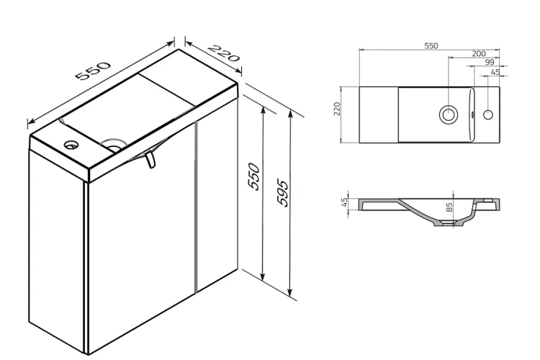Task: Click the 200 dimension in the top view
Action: [x=479, y=53]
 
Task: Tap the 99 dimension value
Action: [x=489, y=62]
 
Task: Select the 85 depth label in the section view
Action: [x=449, y=207]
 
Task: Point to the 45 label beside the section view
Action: [x=344, y=202]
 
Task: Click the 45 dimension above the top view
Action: [x=495, y=72]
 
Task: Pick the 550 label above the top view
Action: [x=431, y=45]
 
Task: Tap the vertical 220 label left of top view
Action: [x=337, y=109]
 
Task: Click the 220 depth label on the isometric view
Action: [x=223, y=53]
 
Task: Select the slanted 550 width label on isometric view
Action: [x=93, y=71]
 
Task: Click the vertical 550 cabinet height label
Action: [x=254, y=176]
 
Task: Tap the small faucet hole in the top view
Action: [x=488, y=114]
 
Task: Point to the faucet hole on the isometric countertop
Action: [x=71, y=144]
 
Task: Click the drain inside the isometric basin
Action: [x=114, y=145]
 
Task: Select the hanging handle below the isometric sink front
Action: [x=151, y=160]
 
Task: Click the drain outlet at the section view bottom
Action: [x=448, y=224]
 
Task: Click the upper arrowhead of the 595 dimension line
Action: [x=291, y=114]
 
